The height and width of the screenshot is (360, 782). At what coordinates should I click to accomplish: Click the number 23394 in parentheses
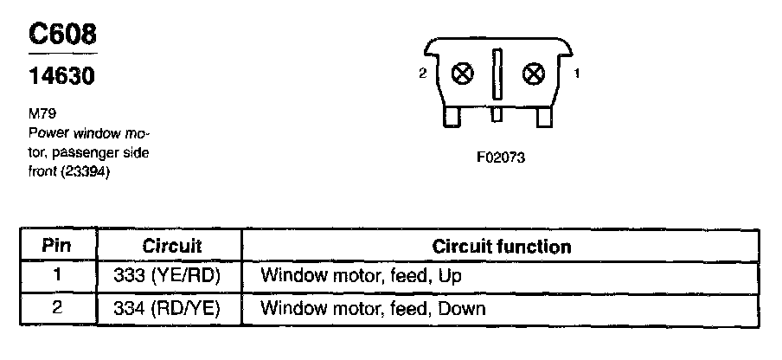coord(88,170)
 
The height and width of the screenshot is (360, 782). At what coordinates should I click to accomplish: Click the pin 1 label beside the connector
coord(577,74)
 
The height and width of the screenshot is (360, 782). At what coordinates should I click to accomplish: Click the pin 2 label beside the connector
coord(422,74)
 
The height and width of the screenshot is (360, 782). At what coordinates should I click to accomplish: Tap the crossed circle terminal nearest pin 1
coord(534,74)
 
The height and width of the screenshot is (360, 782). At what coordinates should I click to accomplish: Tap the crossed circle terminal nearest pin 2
coord(464,74)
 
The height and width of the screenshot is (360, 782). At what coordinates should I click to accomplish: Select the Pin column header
coord(56,246)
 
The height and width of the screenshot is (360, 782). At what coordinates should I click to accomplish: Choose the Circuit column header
coord(172,246)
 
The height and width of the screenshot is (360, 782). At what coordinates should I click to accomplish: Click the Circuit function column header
coord(502,247)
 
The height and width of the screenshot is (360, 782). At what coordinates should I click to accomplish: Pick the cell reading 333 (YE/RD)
coord(168,276)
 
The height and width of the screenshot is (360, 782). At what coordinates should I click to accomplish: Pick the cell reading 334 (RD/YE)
coord(168,307)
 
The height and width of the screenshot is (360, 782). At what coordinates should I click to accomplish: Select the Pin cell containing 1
coord(56,276)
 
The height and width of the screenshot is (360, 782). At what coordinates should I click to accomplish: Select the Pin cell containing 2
coord(56,307)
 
